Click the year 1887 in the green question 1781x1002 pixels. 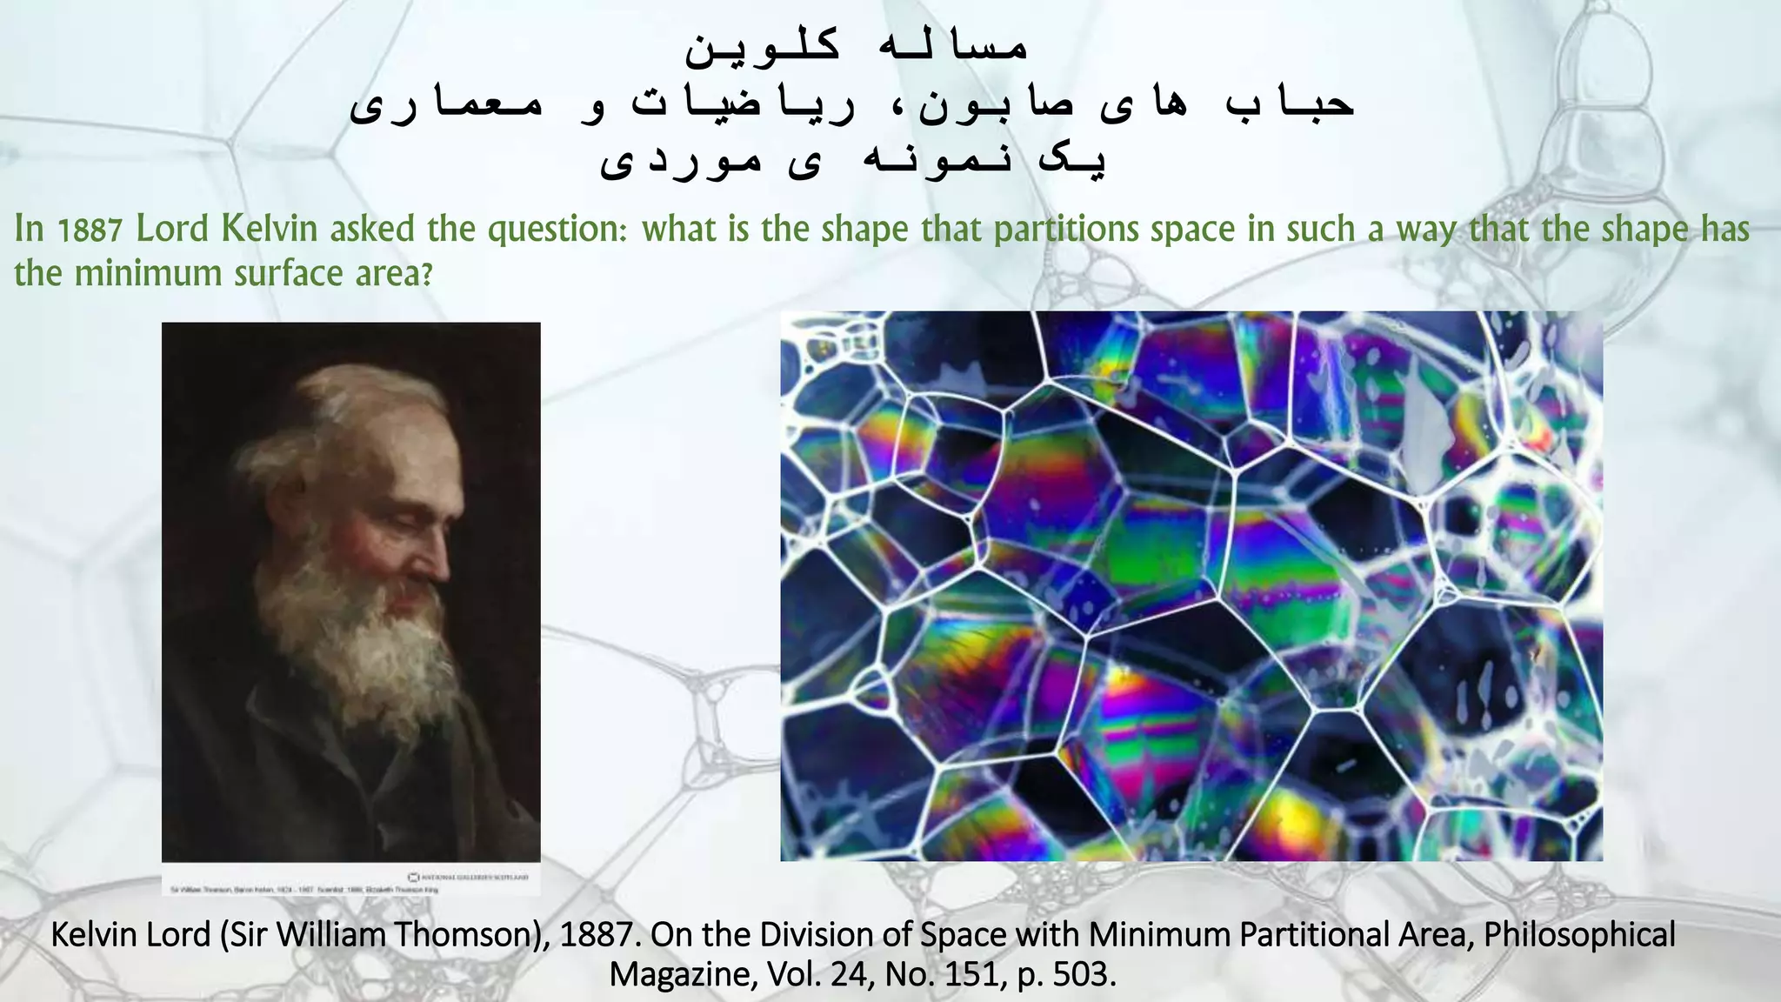90,230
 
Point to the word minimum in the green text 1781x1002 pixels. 149,274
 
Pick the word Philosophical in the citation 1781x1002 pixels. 1579,935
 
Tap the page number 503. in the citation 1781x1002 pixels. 1084,974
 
